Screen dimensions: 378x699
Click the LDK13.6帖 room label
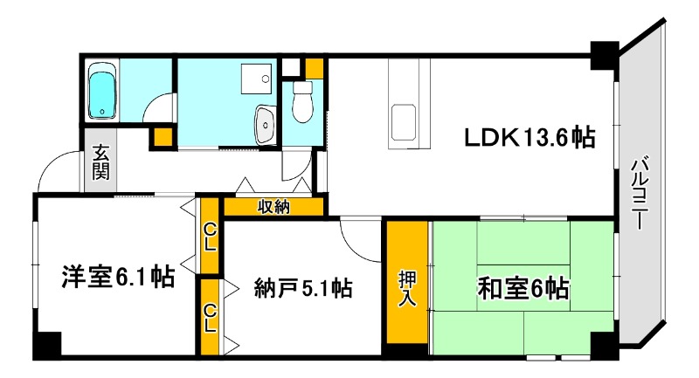[x=529, y=137]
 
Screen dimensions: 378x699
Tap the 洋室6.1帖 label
[x=117, y=277]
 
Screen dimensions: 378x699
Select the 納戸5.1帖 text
[x=303, y=287]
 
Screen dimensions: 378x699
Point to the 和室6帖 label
[x=523, y=287]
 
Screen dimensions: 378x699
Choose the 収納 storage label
[x=274, y=207]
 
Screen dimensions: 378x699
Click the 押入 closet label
[x=408, y=288]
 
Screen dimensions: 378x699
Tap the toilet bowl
[x=302, y=104]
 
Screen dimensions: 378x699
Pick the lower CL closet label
[x=210, y=317]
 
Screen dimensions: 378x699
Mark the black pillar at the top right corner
[x=603, y=55]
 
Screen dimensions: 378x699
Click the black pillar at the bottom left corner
[x=45, y=345]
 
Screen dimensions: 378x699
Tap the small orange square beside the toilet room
[x=315, y=68]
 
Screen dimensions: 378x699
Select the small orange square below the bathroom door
[x=163, y=136]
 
